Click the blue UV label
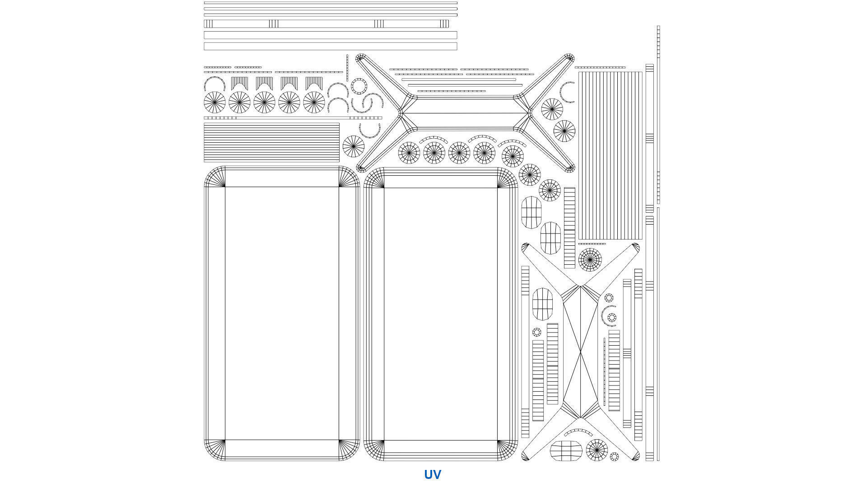pyautogui.click(x=432, y=474)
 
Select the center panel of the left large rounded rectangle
pyautogui.click(x=282, y=313)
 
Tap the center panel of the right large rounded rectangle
pyautogui.click(x=440, y=314)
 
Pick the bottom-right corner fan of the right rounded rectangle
pyautogui.click(x=507, y=450)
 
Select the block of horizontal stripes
pyautogui.click(x=271, y=142)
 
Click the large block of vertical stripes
pyautogui.click(x=610, y=155)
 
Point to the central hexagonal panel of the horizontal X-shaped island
pyautogui.click(x=465, y=113)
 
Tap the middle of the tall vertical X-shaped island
pyautogui.click(x=580, y=352)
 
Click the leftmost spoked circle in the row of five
pyautogui.click(x=214, y=103)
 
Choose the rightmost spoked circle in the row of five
pyautogui.click(x=314, y=103)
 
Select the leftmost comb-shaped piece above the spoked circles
pyautogui.click(x=239, y=83)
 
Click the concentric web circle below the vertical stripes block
pyautogui.click(x=590, y=259)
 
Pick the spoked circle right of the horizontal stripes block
pyautogui.click(x=353, y=146)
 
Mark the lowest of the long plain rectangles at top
pyautogui.click(x=330, y=46)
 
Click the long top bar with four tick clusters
pyautogui.click(x=326, y=24)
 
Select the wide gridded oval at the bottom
pyautogui.click(x=566, y=451)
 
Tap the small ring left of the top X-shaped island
pyautogui.click(x=359, y=86)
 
